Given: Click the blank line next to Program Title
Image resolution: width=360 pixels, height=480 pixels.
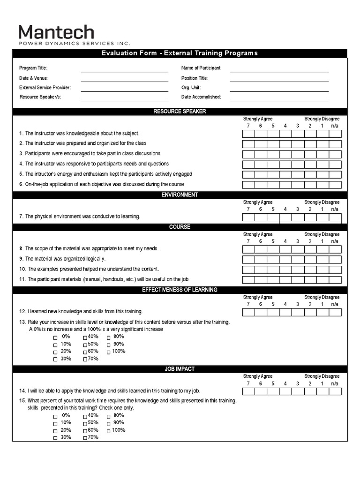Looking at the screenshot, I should pos(124,71).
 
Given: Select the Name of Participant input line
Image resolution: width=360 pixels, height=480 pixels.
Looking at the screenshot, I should pos(279,71).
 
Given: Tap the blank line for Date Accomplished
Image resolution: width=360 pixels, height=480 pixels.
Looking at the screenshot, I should pos(279,100).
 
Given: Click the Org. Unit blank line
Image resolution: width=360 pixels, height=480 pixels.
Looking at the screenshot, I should pos(279,90).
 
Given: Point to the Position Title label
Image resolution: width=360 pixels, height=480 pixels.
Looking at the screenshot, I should pos(195,78).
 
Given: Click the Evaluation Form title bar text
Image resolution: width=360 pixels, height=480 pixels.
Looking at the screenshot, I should pos(180,53).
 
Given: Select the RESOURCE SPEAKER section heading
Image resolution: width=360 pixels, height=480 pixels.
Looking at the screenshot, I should pos(180,112).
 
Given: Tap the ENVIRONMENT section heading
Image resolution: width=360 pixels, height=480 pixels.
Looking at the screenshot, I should pos(180,195).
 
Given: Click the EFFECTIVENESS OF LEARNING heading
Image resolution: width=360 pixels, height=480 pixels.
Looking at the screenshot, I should pos(180,290).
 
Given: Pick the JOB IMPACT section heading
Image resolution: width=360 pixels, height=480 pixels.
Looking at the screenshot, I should pos(180,369).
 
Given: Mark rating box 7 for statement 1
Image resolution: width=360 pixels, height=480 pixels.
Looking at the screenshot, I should pos(248,134).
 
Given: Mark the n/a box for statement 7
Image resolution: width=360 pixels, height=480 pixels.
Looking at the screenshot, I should pos(335,217).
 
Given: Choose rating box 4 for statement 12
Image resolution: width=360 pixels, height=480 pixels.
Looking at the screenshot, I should pos(285,312).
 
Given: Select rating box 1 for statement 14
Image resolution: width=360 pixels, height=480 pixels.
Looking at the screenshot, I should pos(322,391).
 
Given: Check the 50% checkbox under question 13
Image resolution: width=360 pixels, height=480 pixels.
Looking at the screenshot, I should pos(85,345).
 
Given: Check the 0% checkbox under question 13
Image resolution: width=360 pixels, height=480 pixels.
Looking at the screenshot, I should pos(55,337).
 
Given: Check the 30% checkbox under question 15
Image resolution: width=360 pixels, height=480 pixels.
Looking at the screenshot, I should pos(55,438).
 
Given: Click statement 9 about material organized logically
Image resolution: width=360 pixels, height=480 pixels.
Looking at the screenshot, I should pos(65,259).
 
